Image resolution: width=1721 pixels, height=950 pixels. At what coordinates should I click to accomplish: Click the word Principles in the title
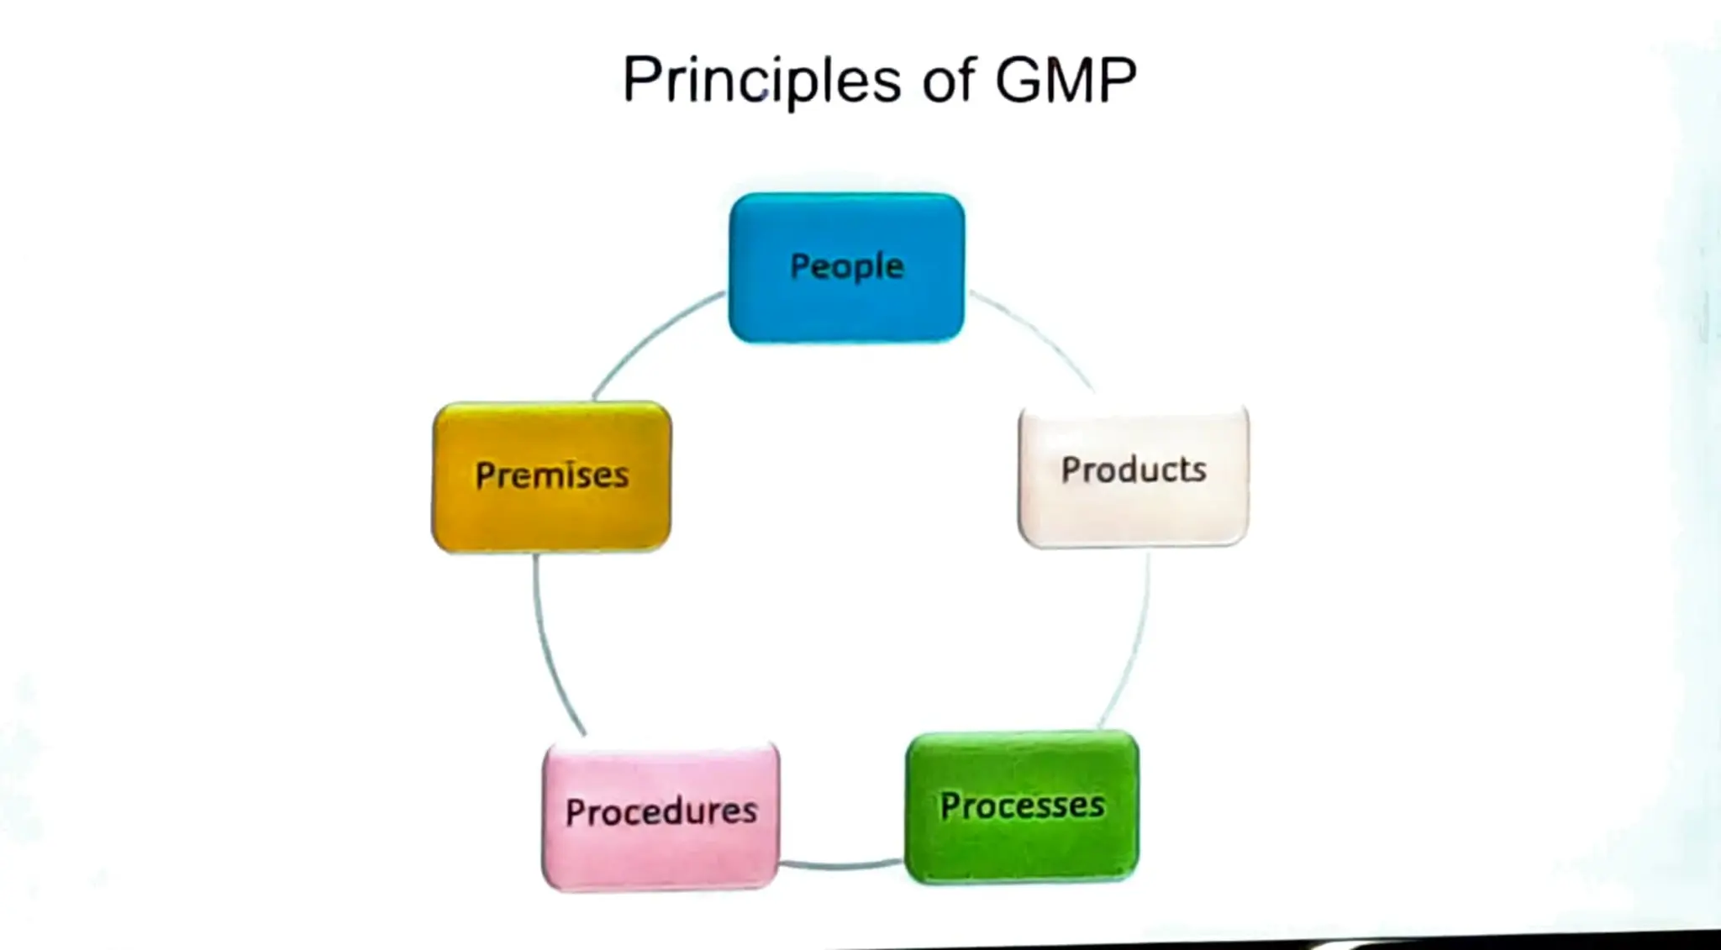pyautogui.click(x=761, y=80)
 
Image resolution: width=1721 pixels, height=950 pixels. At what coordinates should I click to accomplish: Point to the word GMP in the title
pyautogui.click(x=1065, y=80)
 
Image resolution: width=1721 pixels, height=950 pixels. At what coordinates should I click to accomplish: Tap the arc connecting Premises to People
pyautogui.click(x=647, y=336)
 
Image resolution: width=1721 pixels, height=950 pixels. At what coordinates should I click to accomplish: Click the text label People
pyautogui.click(x=846, y=267)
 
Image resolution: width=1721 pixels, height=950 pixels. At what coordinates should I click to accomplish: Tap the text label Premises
pyautogui.click(x=551, y=475)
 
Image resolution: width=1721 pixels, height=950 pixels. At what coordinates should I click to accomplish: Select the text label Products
pyautogui.click(x=1133, y=470)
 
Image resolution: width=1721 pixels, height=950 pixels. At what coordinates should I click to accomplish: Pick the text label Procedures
pyautogui.click(x=661, y=811)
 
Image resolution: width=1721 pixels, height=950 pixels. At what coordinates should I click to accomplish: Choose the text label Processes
pyautogui.click(x=1022, y=806)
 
